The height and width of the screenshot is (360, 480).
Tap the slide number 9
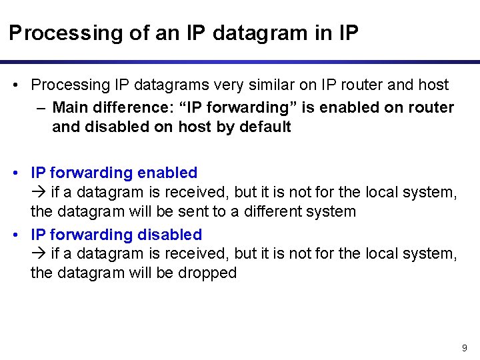point(465,348)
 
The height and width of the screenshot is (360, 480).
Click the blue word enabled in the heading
point(167,173)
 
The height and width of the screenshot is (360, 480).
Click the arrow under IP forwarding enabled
point(37,193)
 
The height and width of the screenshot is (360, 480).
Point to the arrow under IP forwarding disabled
point(37,254)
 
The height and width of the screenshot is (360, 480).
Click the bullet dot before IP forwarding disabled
point(16,235)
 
